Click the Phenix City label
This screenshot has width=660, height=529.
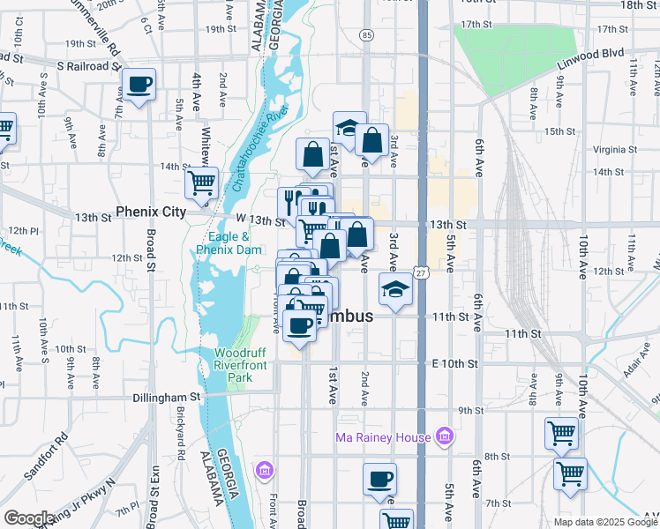pos(153,212)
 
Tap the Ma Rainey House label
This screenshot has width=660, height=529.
pos(383,437)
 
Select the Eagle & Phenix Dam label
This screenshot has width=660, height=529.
pos(228,243)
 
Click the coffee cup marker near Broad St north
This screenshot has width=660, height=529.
pos(139,85)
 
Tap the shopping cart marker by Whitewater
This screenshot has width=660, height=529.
pos(201,183)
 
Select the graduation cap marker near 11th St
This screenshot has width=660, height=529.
pos(395,289)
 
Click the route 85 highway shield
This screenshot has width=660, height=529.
pos(366,34)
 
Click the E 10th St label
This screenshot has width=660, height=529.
pos(454,363)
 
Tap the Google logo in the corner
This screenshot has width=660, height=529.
pos(29,518)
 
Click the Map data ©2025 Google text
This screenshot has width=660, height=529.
pos(605,522)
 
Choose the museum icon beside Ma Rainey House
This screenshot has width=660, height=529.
pos(446,437)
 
